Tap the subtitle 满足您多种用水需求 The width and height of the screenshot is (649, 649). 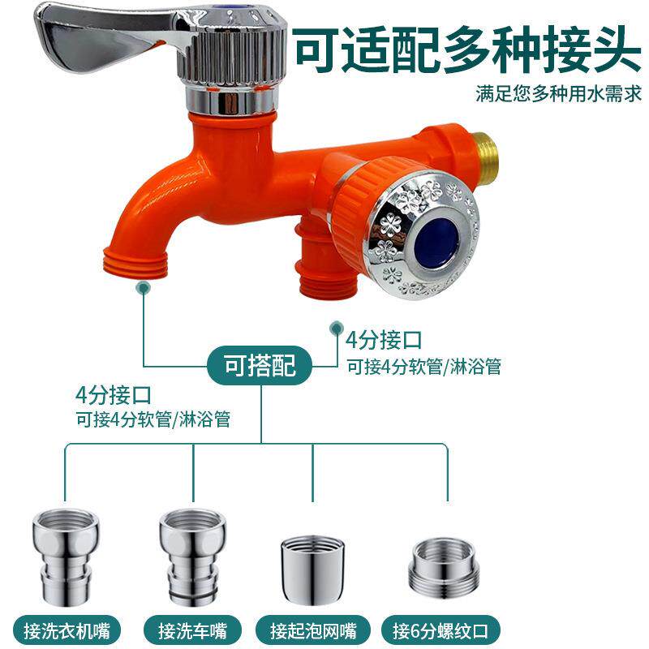click(559, 94)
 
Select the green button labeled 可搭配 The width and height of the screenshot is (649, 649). click(260, 366)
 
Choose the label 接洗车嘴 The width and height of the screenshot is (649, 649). click(193, 630)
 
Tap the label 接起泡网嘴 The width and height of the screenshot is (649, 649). click(313, 630)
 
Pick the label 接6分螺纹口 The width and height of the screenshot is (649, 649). click(444, 630)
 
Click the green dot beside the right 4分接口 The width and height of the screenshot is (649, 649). click(334, 328)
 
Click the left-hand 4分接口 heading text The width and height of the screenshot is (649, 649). click(113, 396)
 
